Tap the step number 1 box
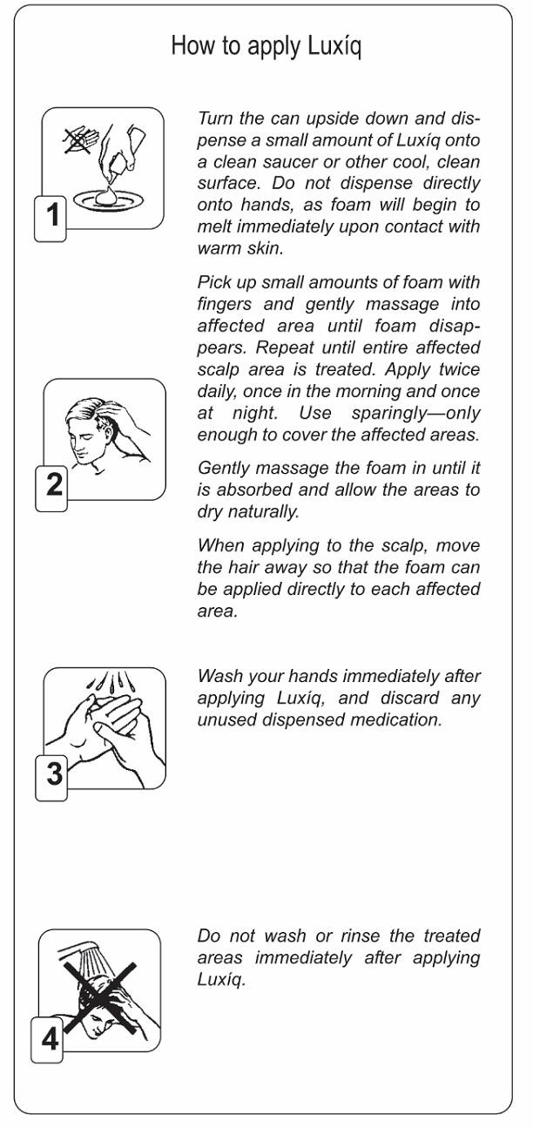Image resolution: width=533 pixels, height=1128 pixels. pos(51,219)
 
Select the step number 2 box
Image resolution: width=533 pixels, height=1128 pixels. pos(51,489)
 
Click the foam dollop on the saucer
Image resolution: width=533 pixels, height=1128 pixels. pos(107,195)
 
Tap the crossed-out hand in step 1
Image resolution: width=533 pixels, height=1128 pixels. pos(79,138)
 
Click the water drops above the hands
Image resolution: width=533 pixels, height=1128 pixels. pos(110,682)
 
